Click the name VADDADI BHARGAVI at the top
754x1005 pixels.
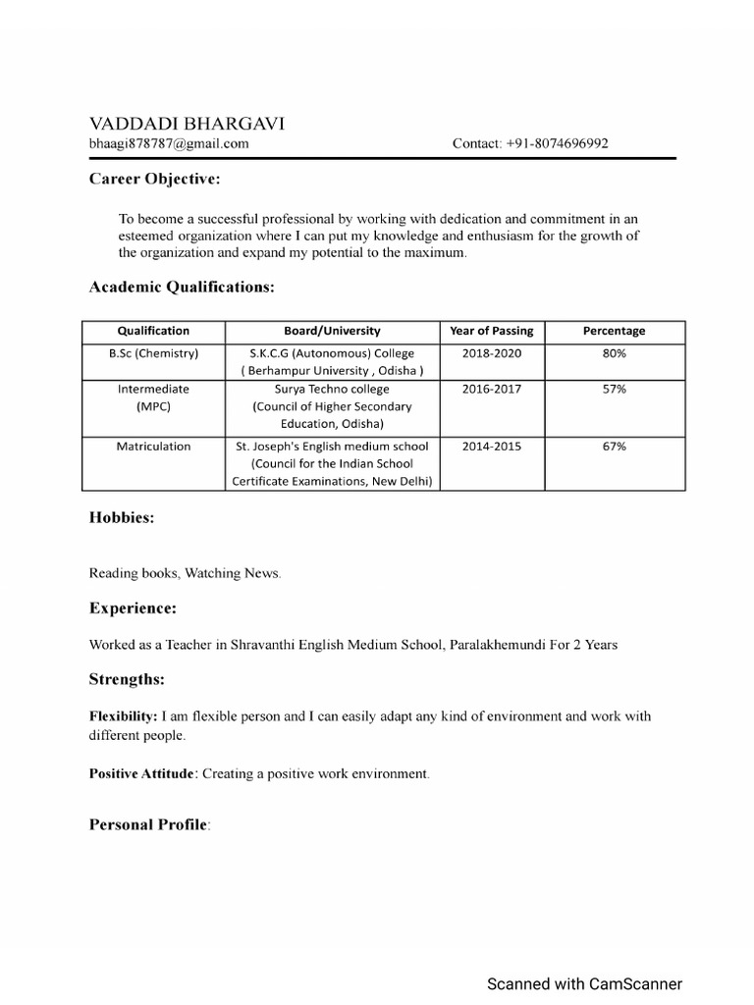click(x=188, y=124)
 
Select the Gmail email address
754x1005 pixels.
click(x=169, y=143)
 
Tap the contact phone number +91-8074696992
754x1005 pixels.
click(x=530, y=143)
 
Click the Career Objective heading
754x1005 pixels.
click(x=155, y=179)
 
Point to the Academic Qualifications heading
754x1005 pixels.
click(x=182, y=287)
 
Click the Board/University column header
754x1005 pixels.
click(x=332, y=331)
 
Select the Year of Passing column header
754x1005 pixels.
click(x=491, y=331)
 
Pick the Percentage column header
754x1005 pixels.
click(x=615, y=331)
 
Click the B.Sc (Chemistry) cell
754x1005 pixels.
click(x=153, y=353)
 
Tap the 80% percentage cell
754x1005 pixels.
click(x=615, y=353)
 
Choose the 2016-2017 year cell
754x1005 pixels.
click(x=491, y=389)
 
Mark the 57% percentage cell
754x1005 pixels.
click(x=615, y=389)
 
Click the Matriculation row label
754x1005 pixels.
click(x=153, y=446)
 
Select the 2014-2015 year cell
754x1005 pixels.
click(x=491, y=446)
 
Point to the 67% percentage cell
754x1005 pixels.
click(x=615, y=446)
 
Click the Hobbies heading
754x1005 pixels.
click(x=122, y=518)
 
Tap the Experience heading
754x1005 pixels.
click(x=133, y=608)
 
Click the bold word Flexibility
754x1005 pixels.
click(x=123, y=716)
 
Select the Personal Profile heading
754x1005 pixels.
click(x=149, y=824)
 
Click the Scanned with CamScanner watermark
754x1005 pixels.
click(x=585, y=983)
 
